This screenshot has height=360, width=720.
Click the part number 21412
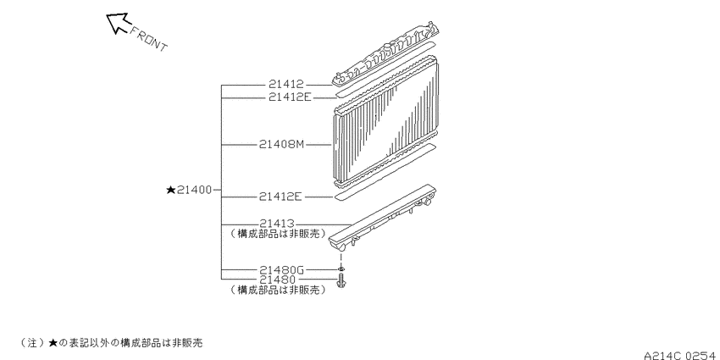(x=286, y=85)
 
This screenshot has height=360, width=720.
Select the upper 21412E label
(x=291, y=97)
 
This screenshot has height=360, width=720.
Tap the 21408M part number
(x=281, y=144)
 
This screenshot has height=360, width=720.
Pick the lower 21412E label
(x=280, y=197)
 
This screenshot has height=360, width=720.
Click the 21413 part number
(x=276, y=224)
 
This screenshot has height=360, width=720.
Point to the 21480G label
(x=281, y=270)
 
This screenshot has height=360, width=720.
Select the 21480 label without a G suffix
(x=277, y=280)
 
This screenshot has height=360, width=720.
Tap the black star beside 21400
(x=171, y=190)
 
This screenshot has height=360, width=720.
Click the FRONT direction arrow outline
(x=118, y=23)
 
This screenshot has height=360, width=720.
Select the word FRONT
(x=149, y=39)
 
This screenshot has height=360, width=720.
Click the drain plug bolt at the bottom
(x=341, y=280)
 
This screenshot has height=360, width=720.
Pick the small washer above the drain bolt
(x=341, y=269)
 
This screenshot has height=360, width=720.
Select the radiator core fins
(x=385, y=122)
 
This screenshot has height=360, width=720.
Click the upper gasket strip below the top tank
(x=385, y=69)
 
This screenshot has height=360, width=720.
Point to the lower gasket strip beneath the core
(x=384, y=172)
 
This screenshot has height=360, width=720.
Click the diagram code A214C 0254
(x=681, y=356)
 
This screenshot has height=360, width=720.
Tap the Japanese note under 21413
(x=278, y=233)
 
